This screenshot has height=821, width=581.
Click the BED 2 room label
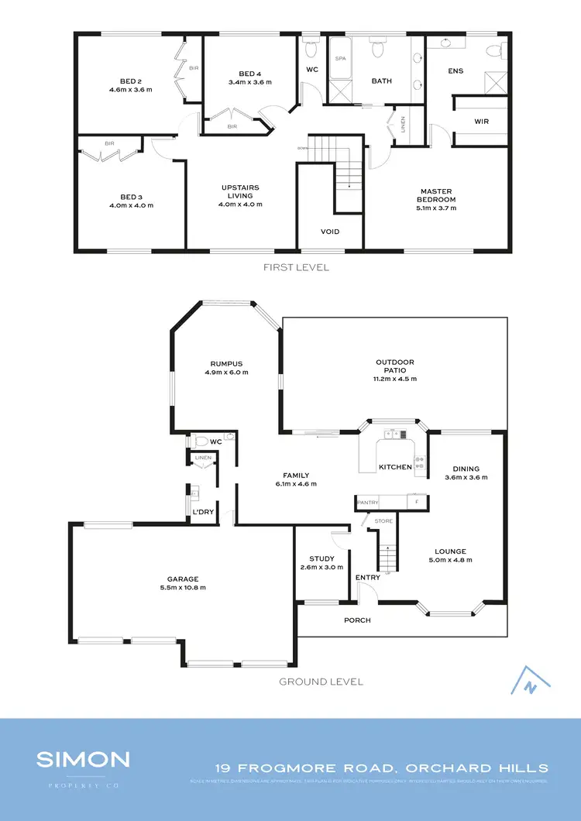click(x=130, y=81)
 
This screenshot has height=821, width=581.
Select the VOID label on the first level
click(x=330, y=232)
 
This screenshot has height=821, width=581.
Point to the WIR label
click(x=482, y=122)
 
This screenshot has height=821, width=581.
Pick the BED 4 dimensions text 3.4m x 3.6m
click(x=247, y=82)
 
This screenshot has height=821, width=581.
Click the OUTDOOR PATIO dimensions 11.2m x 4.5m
click(x=395, y=379)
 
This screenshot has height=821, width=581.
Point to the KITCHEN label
click(x=395, y=467)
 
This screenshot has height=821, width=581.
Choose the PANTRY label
click(x=367, y=503)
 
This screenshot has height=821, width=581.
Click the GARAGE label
click(x=183, y=579)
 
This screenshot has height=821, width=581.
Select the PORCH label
click(x=357, y=620)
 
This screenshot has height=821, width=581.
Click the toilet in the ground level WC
click(x=201, y=441)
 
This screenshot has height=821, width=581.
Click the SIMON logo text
click(x=83, y=758)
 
